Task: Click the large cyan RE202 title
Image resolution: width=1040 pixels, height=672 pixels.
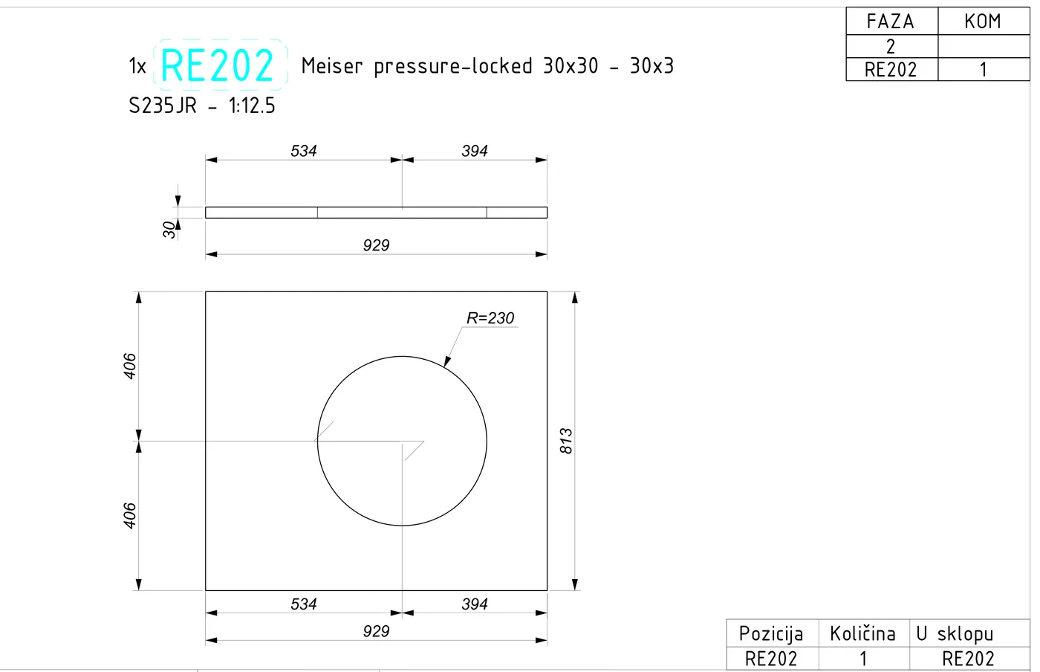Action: [x=217, y=65]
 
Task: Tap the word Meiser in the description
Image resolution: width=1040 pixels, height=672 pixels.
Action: [x=332, y=66]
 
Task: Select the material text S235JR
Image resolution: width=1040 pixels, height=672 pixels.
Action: [x=163, y=106]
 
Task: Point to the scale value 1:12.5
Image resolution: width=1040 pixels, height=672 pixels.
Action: [x=252, y=106]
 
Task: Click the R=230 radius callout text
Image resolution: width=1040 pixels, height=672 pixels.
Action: [x=490, y=318]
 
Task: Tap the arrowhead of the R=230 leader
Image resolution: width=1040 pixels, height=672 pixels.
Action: [x=447, y=361]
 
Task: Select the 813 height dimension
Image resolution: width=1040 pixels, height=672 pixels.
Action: [x=566, y=441]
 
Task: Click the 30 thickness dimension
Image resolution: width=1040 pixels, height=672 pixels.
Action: [x=169, y=230]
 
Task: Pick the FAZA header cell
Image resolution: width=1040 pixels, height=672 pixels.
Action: [x=891, y=22]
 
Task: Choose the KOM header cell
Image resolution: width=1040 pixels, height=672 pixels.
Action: [x=983, y=22]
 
